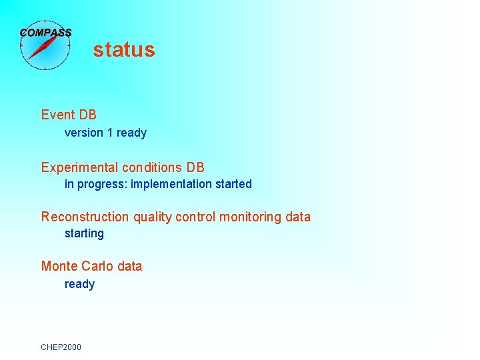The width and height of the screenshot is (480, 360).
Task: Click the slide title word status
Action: (124, 50)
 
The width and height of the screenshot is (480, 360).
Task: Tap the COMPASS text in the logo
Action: (45, 32)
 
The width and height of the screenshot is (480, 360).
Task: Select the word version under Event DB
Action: (84, 133)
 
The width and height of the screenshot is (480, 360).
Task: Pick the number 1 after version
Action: (110, 133)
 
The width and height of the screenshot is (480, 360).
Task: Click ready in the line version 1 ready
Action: (131, 133)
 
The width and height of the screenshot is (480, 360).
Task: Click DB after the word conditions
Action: (195, 167)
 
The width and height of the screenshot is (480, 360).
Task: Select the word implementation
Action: (170, 184)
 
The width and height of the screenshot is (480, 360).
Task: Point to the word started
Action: (233, 184)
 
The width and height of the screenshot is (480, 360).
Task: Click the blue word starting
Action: (84, 234)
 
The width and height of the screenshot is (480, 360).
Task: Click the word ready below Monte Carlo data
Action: (79, 285)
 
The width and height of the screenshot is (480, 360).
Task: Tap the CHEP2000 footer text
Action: (61, 347)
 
